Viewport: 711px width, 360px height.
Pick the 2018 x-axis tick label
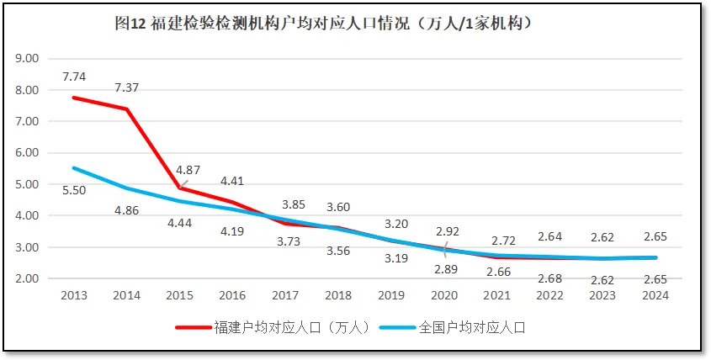tap(338, 295)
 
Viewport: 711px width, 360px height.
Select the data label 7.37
tap(127, 87)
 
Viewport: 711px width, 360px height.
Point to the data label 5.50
tap(74, 190)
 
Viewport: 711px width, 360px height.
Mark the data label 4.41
tap(232, 180)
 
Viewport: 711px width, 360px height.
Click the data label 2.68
tap(550, 278)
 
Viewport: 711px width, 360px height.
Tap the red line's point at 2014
tap(126, 109)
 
